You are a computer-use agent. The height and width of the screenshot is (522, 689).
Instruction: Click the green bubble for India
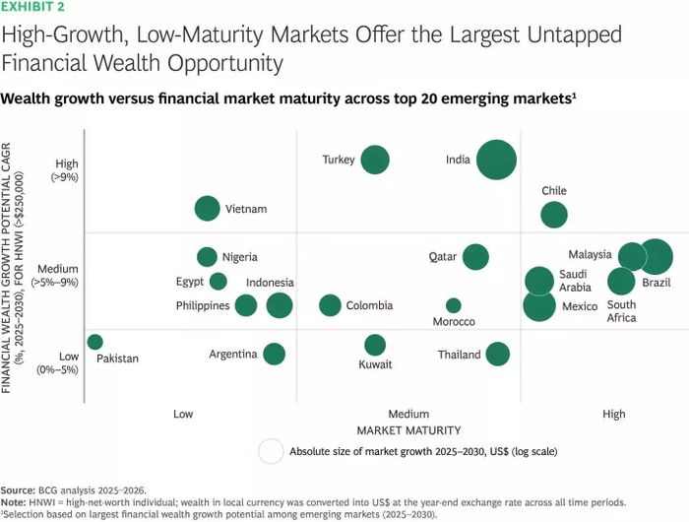pyautogui.click(x=496, y=160)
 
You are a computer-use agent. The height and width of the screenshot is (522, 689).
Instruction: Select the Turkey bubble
pyautogui.click(x=375, y=160)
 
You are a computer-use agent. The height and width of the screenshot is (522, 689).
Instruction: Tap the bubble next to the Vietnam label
pyautogui.click(x=207, y=209)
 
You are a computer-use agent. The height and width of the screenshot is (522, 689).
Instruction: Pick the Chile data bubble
pyautogui.click(x=554, y=215)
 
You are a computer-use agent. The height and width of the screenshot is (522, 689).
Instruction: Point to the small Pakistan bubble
pyautogui.click(x=94, y=342)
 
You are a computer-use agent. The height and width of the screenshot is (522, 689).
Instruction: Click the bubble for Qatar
pyautogui.click(x=475, y=257)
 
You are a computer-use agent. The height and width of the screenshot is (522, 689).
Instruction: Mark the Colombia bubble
pyautogui.click(x=330, y=305)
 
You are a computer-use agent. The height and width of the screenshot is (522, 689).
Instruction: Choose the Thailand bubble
pyautogui.click(x=497, y=354)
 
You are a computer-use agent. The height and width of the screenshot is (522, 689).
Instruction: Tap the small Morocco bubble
pyautogui.click(x=454, y=305)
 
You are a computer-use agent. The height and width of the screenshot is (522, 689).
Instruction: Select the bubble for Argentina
pyautogui.click(x=275, y=354)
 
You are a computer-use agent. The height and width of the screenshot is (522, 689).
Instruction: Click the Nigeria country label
pyautogui.click(x=239, y=257)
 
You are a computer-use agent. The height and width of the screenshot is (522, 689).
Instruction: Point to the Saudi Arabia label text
pyautogui.click(x=575, y=281)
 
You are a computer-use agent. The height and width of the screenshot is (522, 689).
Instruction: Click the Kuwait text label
pyautogui.click(x=375, y=364)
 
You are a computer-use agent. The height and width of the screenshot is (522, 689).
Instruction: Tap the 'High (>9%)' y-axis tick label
pyautogui.click(x=66, y=170)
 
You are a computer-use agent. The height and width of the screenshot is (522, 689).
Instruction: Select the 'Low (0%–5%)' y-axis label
pyautogui.click(x=57, y=362)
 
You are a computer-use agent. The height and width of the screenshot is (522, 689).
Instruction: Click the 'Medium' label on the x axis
pyautogui.click(x=408, y=414)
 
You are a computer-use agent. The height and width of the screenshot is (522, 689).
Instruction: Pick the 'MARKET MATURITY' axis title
pyautogui.click(x=408, y=430)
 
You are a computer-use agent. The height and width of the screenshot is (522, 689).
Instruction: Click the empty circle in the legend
pyautogui.click(x=271, y=451)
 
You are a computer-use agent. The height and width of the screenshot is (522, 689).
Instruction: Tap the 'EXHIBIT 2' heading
pyautogui.click(x=32, y=7)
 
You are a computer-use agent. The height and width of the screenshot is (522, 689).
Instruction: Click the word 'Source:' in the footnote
pyautogui.click(x=18, y=490)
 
